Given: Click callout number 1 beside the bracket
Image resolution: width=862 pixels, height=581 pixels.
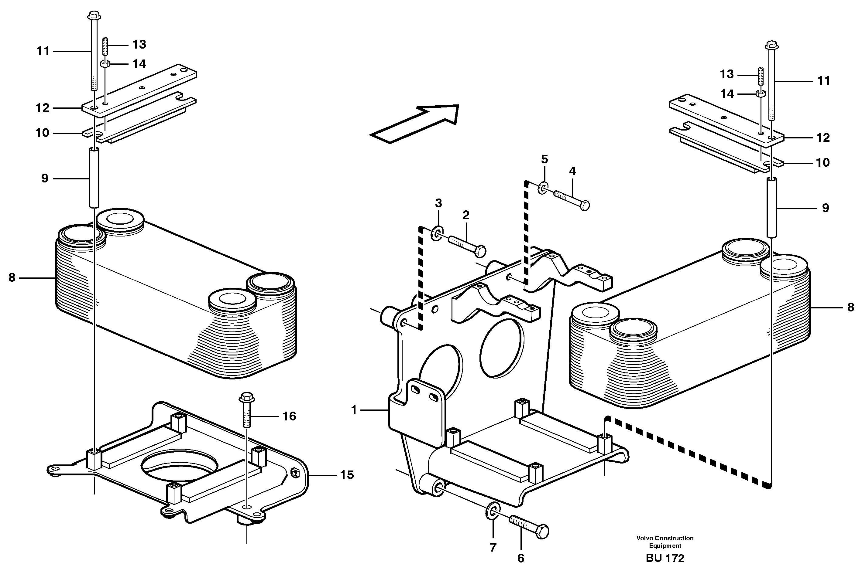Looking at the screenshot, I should (354, 410).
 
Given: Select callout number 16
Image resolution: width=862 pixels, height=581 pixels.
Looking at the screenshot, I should (289, 416).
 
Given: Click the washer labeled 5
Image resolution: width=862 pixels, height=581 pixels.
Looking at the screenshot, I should (543, 188).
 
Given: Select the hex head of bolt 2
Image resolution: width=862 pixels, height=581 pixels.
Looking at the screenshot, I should (480, 252).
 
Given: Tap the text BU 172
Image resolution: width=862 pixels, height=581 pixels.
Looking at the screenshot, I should (665, 558).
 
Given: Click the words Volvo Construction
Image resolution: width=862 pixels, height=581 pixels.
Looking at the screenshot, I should (665, 538).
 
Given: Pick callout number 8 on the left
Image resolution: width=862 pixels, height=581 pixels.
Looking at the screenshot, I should (12, 277).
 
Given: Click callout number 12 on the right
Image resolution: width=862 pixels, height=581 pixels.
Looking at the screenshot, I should (823, 138).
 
